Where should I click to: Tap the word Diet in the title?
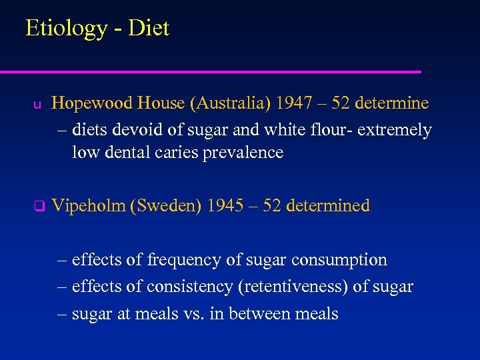tap(149, 28)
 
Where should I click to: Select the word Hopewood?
tap(92, 104)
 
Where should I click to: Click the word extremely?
tap(395, 129)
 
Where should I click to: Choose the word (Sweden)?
tap(167, 205)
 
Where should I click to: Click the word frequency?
tap(183, 260)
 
